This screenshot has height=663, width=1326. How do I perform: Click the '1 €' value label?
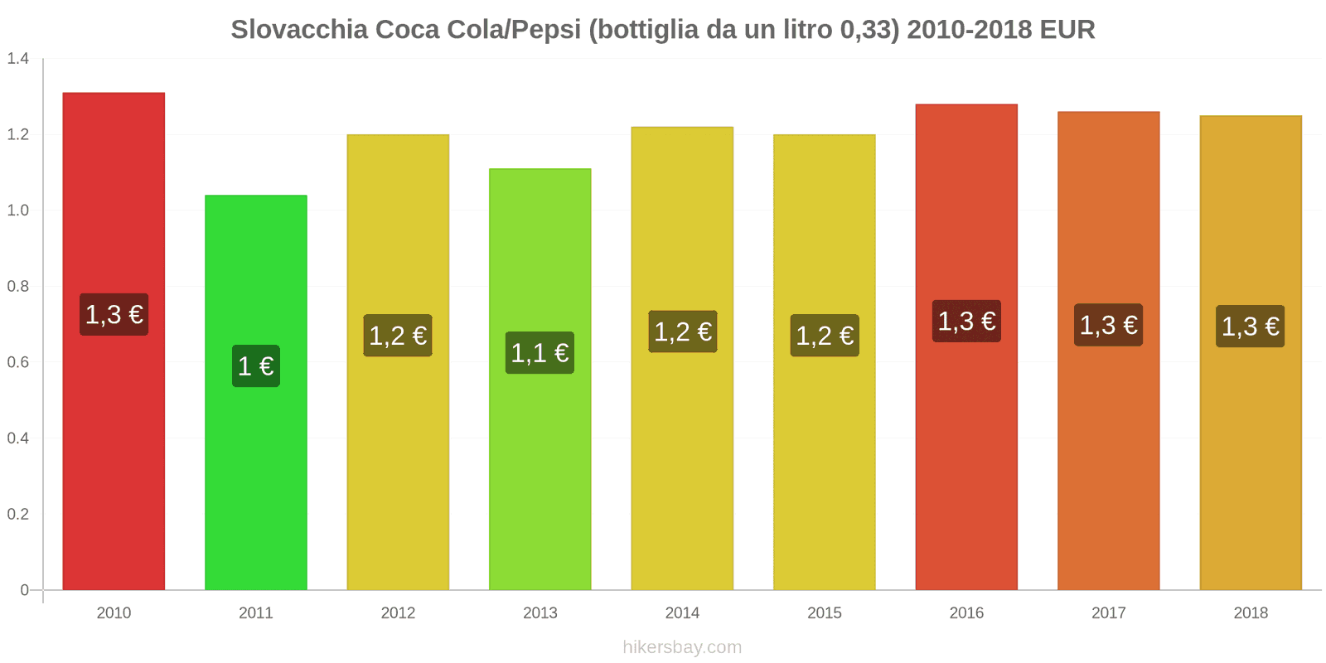tap(256, 366)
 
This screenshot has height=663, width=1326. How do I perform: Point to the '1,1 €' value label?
tap(540, 353)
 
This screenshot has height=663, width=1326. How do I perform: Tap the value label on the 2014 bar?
tap(683, 331)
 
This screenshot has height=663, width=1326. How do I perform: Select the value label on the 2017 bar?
tap(1109, 325)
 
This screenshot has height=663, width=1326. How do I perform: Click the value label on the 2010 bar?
tap(114, 314)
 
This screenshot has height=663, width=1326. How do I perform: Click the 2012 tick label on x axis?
tap(398, 613)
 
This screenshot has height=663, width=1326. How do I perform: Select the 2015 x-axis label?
tap(825, 613)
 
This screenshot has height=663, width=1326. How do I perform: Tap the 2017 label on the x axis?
tap(1109, 613)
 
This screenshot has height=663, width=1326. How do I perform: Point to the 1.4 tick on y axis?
tap(18, 59)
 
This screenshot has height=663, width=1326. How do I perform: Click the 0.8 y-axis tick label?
tap(18, 287)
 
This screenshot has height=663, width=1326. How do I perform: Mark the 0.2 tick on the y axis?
tap(18, 515)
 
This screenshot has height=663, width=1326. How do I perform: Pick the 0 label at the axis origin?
tap(25, 590)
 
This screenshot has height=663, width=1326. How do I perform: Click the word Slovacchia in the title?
tap(299, 30)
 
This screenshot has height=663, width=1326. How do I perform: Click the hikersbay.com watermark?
tap(682, 647)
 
